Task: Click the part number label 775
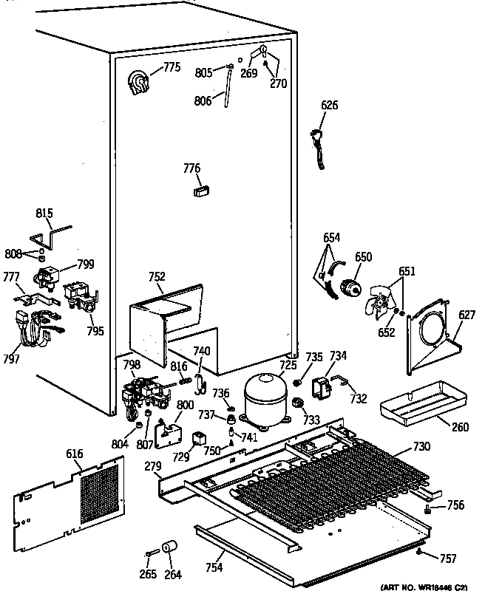click(172, 68)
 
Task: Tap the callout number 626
click(329, 106)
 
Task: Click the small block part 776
click(201, 191)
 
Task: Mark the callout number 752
click(157, 276)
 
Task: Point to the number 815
click(44, 214)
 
